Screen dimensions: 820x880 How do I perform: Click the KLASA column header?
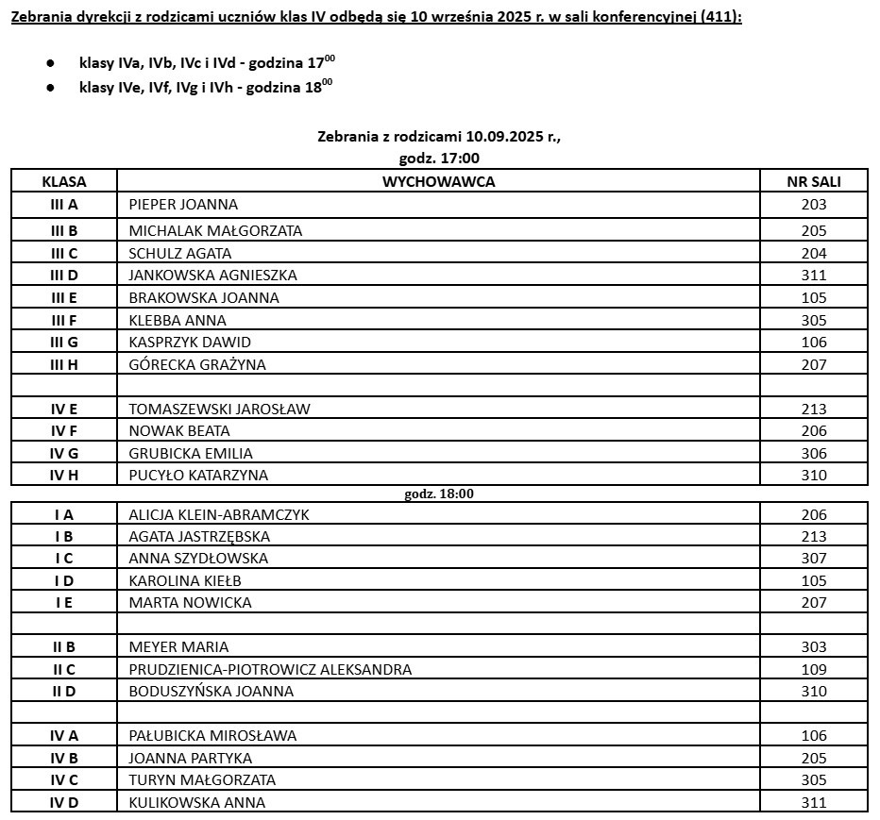pyautogui.click(x=63, y=181)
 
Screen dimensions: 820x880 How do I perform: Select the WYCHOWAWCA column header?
pyautogui.click(x=438, y=181)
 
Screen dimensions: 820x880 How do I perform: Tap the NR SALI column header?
pyautogui.click(x=813, y=181)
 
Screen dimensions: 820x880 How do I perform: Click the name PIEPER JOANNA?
pyautogui.click(x=183, y=205)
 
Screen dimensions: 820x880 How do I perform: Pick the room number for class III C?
pyautogui.click(x=813, y=253)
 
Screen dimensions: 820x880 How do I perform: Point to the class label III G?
pyautogui.click(x=64, y=342)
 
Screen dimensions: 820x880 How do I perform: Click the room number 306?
pyautogui.click(x=813, y=453)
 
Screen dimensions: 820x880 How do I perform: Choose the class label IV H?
pyautogui.click(x=64, y=475)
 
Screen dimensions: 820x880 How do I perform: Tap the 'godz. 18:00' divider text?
pyautogui.click(x=438, y=494)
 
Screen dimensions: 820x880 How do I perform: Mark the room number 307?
pyautogui.click(x=813, y=558)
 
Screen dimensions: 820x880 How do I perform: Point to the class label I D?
pyautogui.click(x=64, y=580)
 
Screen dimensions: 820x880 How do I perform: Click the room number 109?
pyautogui.click(x=813, y=669)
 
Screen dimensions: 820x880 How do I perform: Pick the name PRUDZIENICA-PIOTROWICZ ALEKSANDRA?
pyautogui.click(x=270, y=669)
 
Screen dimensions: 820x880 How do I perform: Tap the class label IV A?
pyautogui.click(x=64, y=735)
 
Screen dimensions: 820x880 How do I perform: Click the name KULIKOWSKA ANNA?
pyautogui.click(x=196, y=802)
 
